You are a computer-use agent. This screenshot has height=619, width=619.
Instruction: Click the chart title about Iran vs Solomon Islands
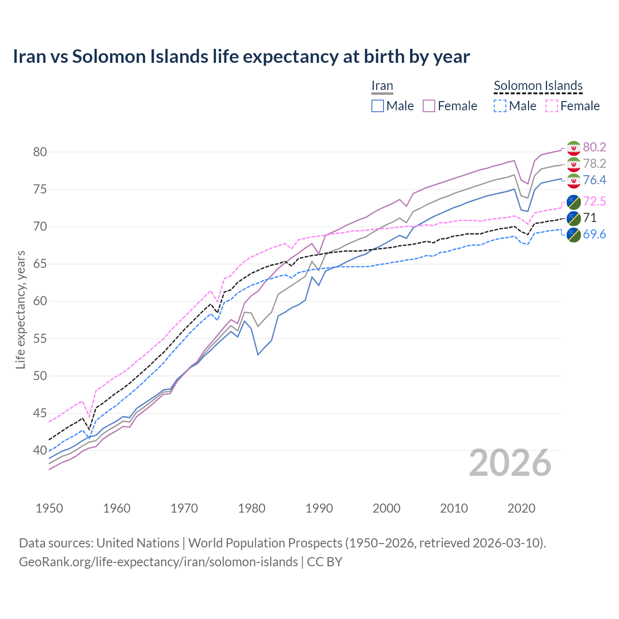241,57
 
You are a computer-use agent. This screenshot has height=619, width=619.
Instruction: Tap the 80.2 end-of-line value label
594,147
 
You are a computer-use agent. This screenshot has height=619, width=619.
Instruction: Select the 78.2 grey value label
594,163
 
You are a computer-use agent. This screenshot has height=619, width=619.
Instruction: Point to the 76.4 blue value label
594,180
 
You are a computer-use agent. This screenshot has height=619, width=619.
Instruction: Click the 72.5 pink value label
594,201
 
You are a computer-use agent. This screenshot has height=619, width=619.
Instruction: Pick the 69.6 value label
594,234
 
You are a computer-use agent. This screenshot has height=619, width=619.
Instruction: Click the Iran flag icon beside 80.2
574,147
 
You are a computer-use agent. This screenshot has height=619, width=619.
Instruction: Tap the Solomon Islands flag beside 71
574,218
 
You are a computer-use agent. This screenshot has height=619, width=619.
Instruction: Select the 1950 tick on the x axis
49,508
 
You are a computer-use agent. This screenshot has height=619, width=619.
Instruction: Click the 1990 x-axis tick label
319,508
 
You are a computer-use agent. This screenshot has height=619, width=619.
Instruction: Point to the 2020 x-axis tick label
521,508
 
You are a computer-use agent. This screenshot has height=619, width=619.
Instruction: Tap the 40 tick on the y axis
40,451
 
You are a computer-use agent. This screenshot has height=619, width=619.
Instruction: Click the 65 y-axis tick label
40,264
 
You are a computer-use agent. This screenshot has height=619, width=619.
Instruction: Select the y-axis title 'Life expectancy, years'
20,309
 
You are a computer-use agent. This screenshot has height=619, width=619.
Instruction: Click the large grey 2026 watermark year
510,463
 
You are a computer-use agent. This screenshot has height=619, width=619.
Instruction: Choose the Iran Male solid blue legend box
378,106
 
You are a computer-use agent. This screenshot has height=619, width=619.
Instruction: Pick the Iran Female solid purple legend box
429,106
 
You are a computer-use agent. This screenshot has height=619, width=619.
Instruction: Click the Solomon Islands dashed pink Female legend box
552,106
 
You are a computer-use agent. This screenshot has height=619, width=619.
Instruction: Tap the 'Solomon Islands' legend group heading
538,86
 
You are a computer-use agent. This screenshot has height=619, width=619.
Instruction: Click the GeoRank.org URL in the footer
158,562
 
